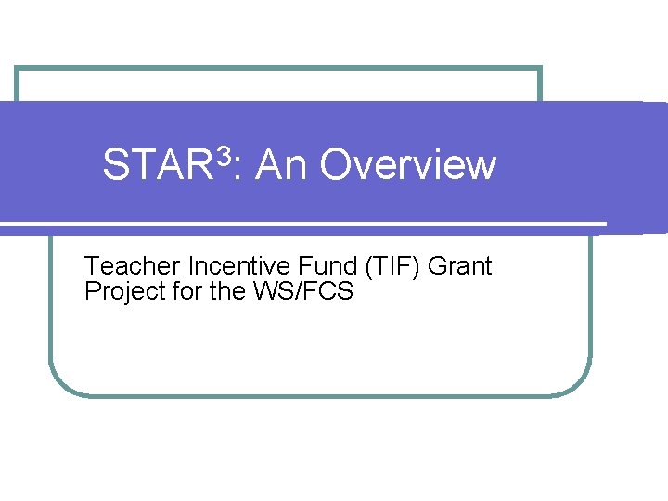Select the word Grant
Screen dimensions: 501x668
(x=461, y=267)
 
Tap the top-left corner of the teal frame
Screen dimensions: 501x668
(x=18, y=69)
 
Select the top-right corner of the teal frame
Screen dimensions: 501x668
(x=539, y=69)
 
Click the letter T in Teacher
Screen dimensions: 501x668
(x=92, y=267)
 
